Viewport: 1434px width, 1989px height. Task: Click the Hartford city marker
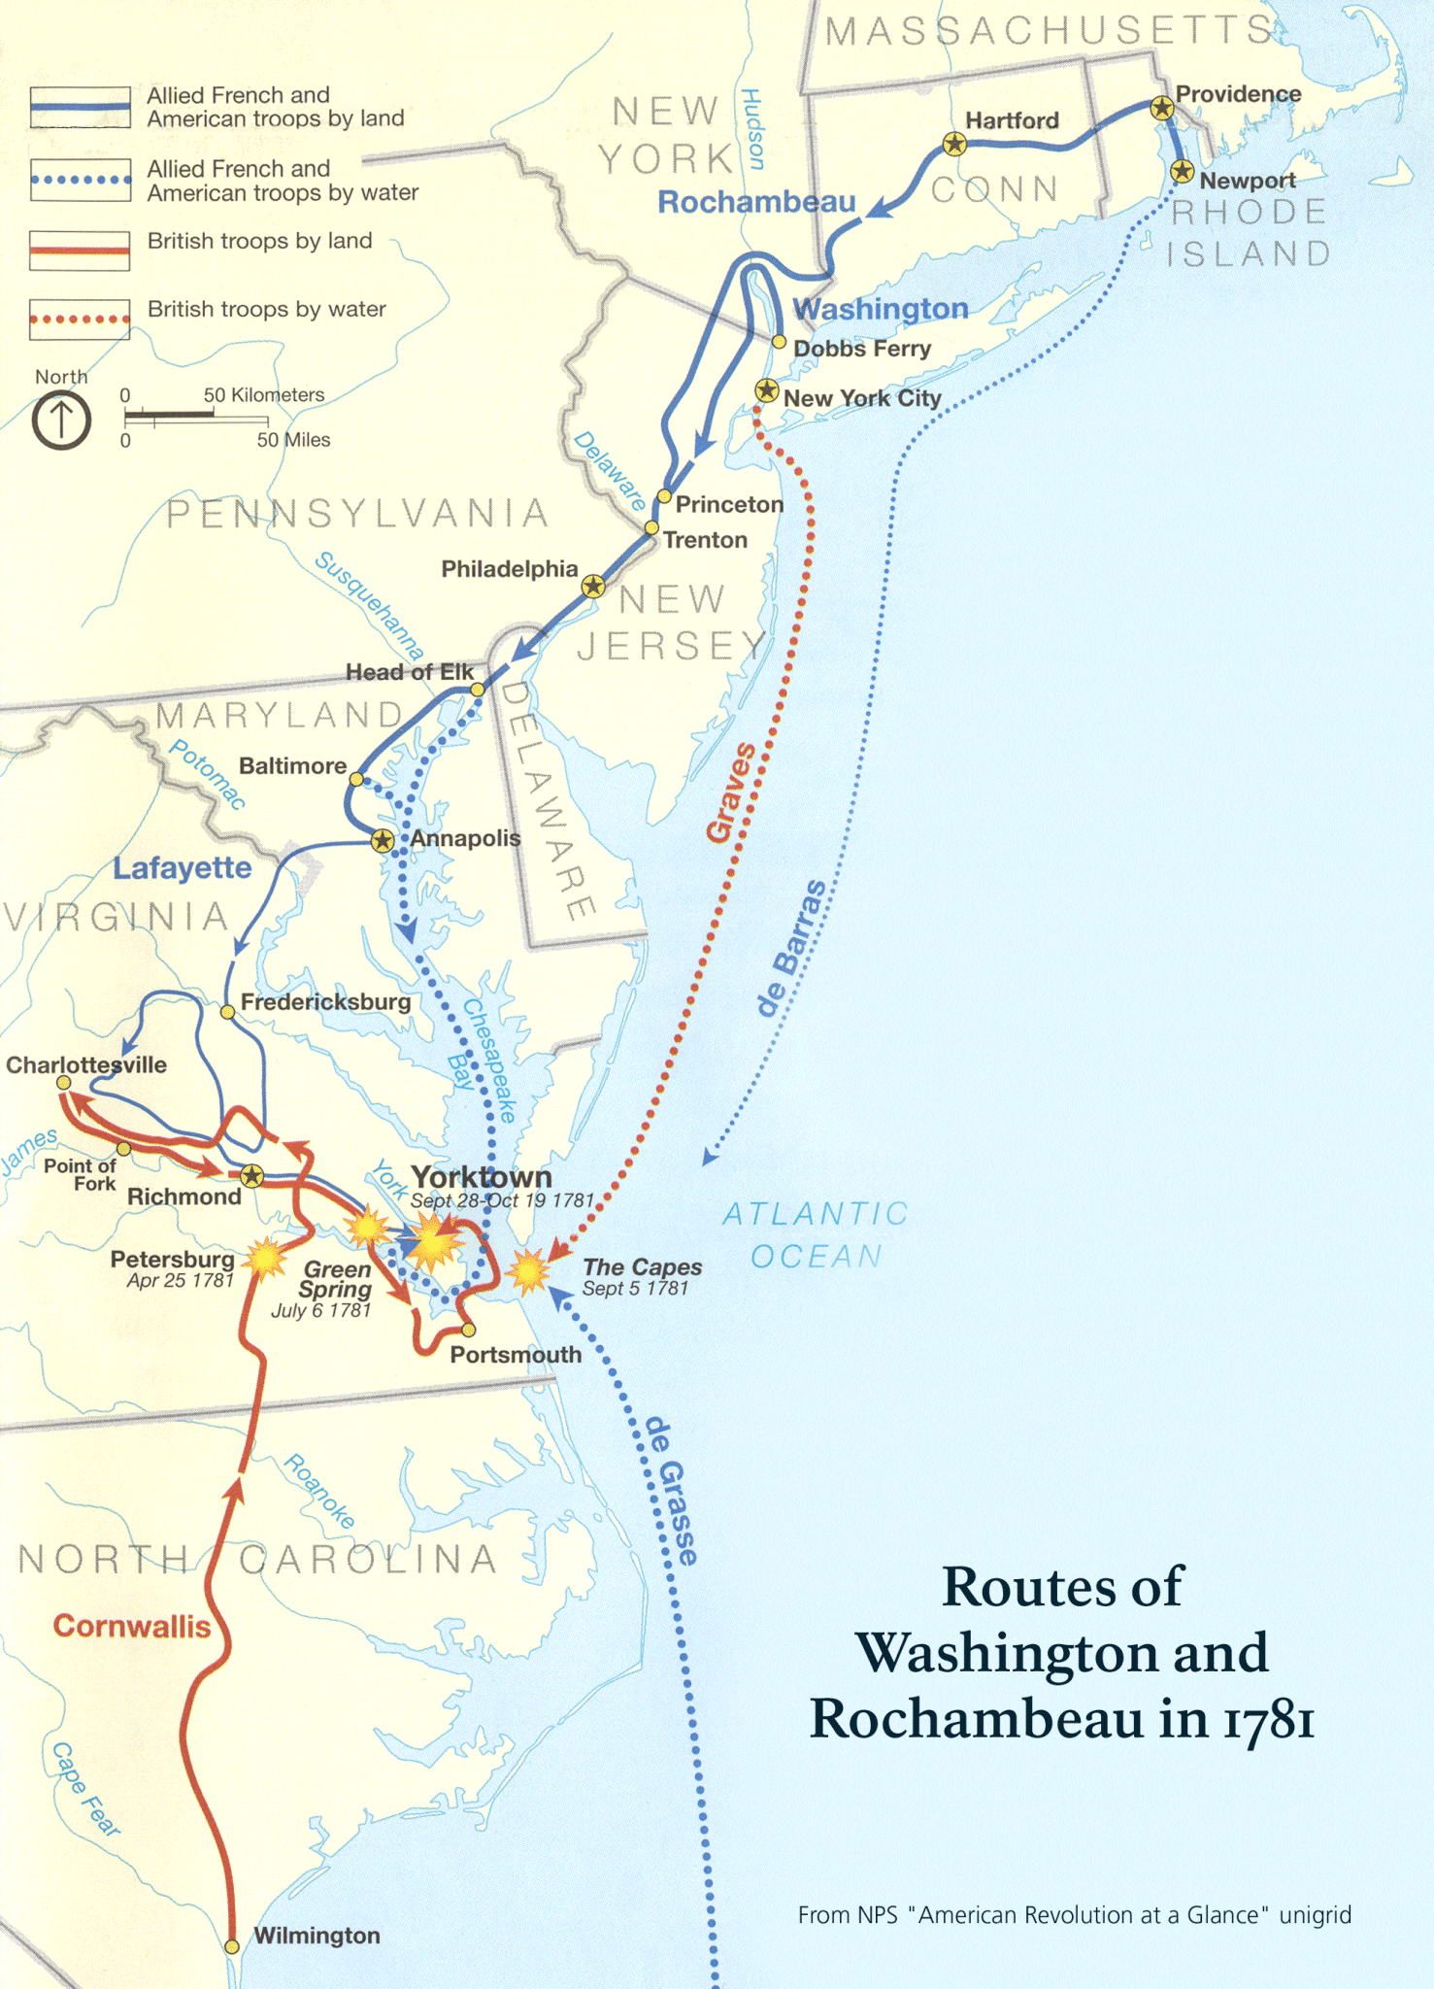coord(955,145)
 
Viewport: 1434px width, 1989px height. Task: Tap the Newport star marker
coord(1182,172)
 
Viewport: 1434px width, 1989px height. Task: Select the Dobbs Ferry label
coord(861,349)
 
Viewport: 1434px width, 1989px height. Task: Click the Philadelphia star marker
coord(593,586)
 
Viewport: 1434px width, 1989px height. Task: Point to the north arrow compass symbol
coord(61,421)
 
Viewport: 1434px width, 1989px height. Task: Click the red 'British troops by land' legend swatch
coord(80,250)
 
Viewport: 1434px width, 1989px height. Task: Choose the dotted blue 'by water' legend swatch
coord(80,180)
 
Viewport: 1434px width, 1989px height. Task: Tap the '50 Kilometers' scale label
coord(263,395)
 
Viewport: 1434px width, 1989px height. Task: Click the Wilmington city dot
coord(232,1946)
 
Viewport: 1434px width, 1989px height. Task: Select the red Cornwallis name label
coord(131,1626)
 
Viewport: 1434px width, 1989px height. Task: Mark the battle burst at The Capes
coord(529,1270)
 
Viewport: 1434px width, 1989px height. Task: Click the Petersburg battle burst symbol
coord(264,1258)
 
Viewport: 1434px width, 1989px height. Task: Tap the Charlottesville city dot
coord(63,1082)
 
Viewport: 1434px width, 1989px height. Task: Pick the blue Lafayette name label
coord(182,867)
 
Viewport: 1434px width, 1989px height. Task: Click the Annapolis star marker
coord(383,840)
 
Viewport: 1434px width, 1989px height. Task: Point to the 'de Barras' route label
coord(792,947)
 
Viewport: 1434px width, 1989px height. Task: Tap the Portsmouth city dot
coord(468,1330)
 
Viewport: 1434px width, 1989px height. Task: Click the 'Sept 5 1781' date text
coord(635,1289)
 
